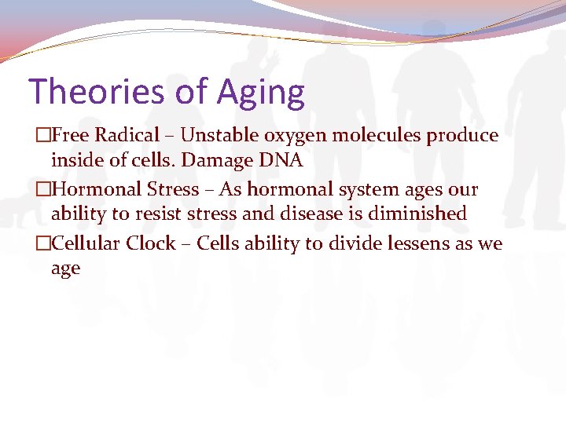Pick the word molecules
point(377,136)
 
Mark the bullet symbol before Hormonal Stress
point(42,190)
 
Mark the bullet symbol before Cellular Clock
point(42,244)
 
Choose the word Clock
point(151,243)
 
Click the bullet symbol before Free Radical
point(42,136)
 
